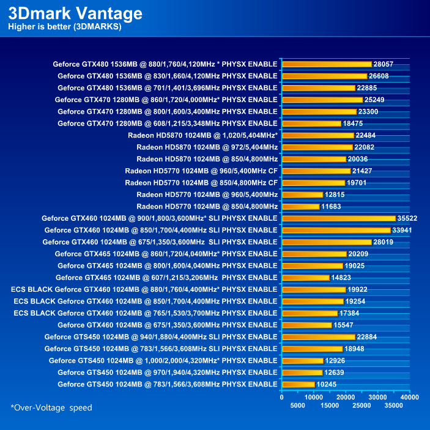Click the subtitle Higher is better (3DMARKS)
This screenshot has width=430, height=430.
click(x=64, y=27)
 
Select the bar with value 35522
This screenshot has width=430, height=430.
click(x=339, y=218)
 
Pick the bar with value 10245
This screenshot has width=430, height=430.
click(x=298, y=384)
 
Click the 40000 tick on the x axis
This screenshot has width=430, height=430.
click(x=410, y=398)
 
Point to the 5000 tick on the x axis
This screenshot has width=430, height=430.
click(x=298, y=406)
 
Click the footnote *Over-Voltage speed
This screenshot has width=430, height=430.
click(x=51, y=407)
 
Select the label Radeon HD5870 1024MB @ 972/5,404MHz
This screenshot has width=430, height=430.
click(x=207, y=147)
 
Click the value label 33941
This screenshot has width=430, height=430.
click(x=402, y=230)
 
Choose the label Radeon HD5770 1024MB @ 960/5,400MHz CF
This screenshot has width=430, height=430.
click(x=201, y=171)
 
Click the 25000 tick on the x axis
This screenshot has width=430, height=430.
click(x=362, y=406)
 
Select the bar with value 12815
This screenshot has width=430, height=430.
click(x=302, y=195)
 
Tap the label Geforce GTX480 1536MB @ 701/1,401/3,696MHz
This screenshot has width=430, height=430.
click(x=168, y=87)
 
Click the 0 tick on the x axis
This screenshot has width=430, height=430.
click(x=281, y=398)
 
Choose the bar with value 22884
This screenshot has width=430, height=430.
click(x=319, y=336)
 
